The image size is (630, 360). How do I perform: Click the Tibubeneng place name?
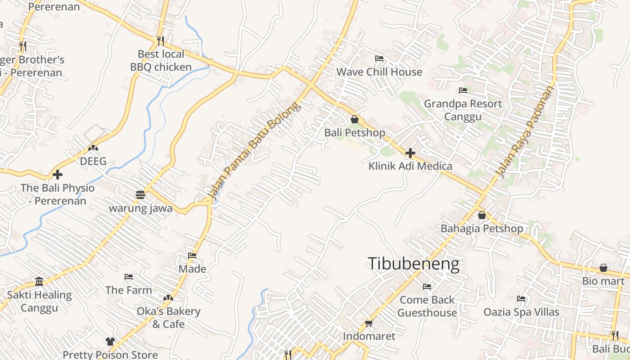pyautogui.click(x=414, y=264)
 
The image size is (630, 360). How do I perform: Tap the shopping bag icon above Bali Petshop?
pyautogui.click(x=355, y=119)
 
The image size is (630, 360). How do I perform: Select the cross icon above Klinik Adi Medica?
pyautogui.click(x=410, y=153)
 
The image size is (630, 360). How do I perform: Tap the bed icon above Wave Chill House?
pyautogui.click(x=379, y=58)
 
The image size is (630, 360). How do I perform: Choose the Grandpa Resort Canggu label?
pyautogui.click(x=463, y=110)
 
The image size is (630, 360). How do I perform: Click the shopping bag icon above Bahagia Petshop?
pyautogui.click(x=482, y=215)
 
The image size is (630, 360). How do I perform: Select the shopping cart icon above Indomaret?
pyautogui.click(x=369, y=323)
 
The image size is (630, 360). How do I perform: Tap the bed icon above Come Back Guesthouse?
pyautogui.click(x=427, y=286)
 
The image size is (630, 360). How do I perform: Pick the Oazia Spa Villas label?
pyautogui.click(x=521, y=312)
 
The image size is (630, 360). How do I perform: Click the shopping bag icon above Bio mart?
pyautogui.click(x=603, y=268)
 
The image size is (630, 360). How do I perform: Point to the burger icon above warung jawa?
pyautogui.click(x=140, y=195)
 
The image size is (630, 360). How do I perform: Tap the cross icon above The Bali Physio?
pyautogui.click(x=58, y=174)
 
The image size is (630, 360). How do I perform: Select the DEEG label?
pyautogui.click(x=93, y=161)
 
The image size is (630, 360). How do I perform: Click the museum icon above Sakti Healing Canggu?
pyautogui.click(x=40, y=282)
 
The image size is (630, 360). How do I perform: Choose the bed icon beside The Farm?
pyautogui.click(x=129, y=277)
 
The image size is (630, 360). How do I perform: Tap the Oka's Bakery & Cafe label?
pyautogui.click(x=168, y=317)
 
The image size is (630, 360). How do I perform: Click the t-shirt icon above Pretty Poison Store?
pyautogui.click(x=110, y=342)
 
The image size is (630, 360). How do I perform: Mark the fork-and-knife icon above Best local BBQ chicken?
pyautogui.click(x=161, y=40)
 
